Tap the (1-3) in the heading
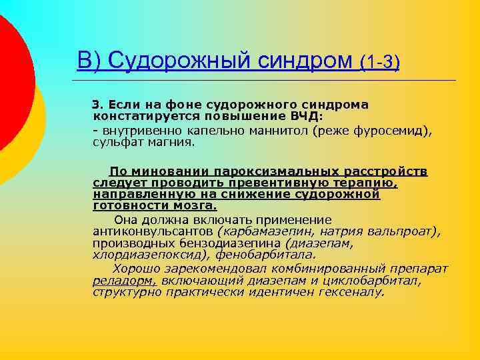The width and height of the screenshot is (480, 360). pyautogui.click(x=379, y=63)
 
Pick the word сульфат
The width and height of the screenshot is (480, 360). pyautogui.click(x=117, y=143)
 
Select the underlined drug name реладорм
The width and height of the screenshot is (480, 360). pyautogui.click(x=124, y=281)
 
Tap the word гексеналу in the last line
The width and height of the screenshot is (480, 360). pyautogui.click(x=350, y=292)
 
